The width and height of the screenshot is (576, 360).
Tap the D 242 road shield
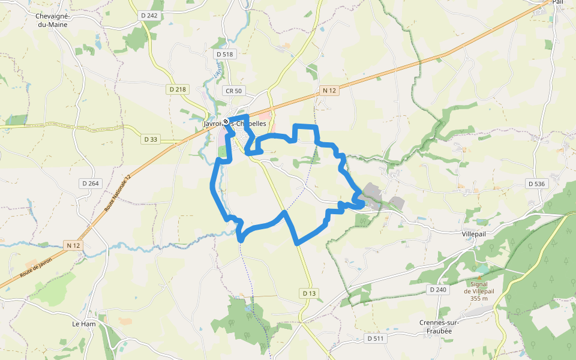pos(150,16)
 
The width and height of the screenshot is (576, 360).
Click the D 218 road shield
pos(178,89)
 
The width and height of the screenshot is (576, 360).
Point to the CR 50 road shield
pos(233,91)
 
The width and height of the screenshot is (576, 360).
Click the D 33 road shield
pos(151,139)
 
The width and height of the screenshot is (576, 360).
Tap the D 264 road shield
pos(90,183)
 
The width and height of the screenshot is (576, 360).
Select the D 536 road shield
pos(536,183)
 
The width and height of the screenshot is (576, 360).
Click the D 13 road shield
pos(308,293)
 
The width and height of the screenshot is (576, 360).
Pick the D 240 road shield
pos(439,290)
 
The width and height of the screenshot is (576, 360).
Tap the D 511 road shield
pos(376,338)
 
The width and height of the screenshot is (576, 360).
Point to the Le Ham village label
pos(84,324)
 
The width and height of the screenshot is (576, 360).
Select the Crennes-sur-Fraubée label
pos(439,326)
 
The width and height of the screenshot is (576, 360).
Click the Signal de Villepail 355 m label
pos(479,291)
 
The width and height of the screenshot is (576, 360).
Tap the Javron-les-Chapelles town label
pos(235,124)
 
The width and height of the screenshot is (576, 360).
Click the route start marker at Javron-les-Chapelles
pos(226,122)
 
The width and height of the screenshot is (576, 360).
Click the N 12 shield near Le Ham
pos(73,245)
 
